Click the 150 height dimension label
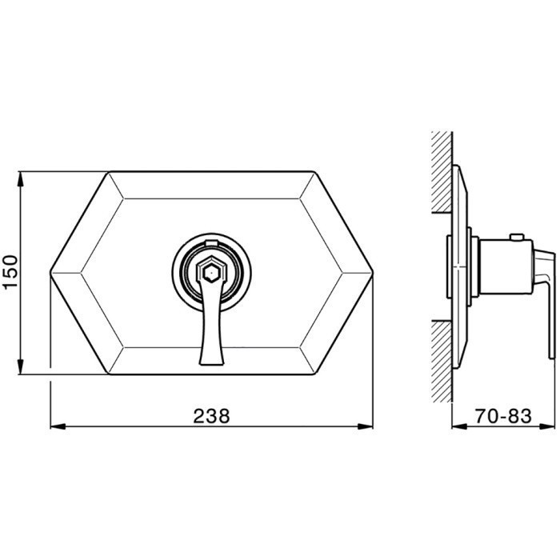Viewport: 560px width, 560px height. [10, 271]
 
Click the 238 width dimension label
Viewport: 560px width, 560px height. [211, 416]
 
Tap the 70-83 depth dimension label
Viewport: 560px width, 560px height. [503, 416]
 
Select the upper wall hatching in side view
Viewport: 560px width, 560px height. [442, 172]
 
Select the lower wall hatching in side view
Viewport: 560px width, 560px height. [442, 362]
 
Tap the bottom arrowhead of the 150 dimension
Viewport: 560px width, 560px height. [21, 366]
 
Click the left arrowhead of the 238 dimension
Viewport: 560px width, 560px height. [58, 426]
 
